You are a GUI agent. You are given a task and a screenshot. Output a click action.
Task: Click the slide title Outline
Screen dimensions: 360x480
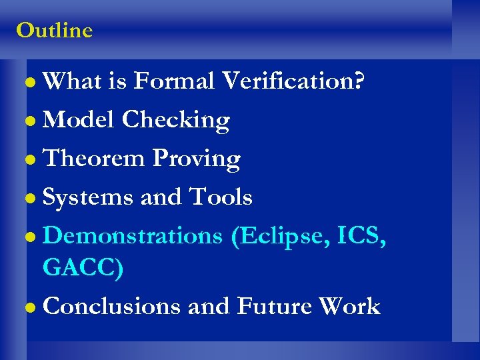tap(54, 31)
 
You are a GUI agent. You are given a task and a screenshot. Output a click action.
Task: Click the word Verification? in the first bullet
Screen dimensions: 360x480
tap(293, 81)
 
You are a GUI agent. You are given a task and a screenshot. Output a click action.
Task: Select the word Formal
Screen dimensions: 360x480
tap(173, 81)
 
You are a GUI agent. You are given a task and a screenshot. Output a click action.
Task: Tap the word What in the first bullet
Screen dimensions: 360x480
tap(72, 81)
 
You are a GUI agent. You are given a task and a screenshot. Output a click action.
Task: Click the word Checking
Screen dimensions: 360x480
tap(176, 120)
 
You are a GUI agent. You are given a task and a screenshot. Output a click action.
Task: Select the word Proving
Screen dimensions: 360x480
tap(196, 159)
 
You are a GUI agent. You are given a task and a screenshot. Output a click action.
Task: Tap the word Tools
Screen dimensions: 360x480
tap(221, 197)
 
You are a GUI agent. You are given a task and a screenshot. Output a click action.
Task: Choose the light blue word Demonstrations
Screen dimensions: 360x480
tap(133, 236)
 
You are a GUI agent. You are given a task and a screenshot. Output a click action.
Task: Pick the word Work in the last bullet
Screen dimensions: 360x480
tap(349, 307)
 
